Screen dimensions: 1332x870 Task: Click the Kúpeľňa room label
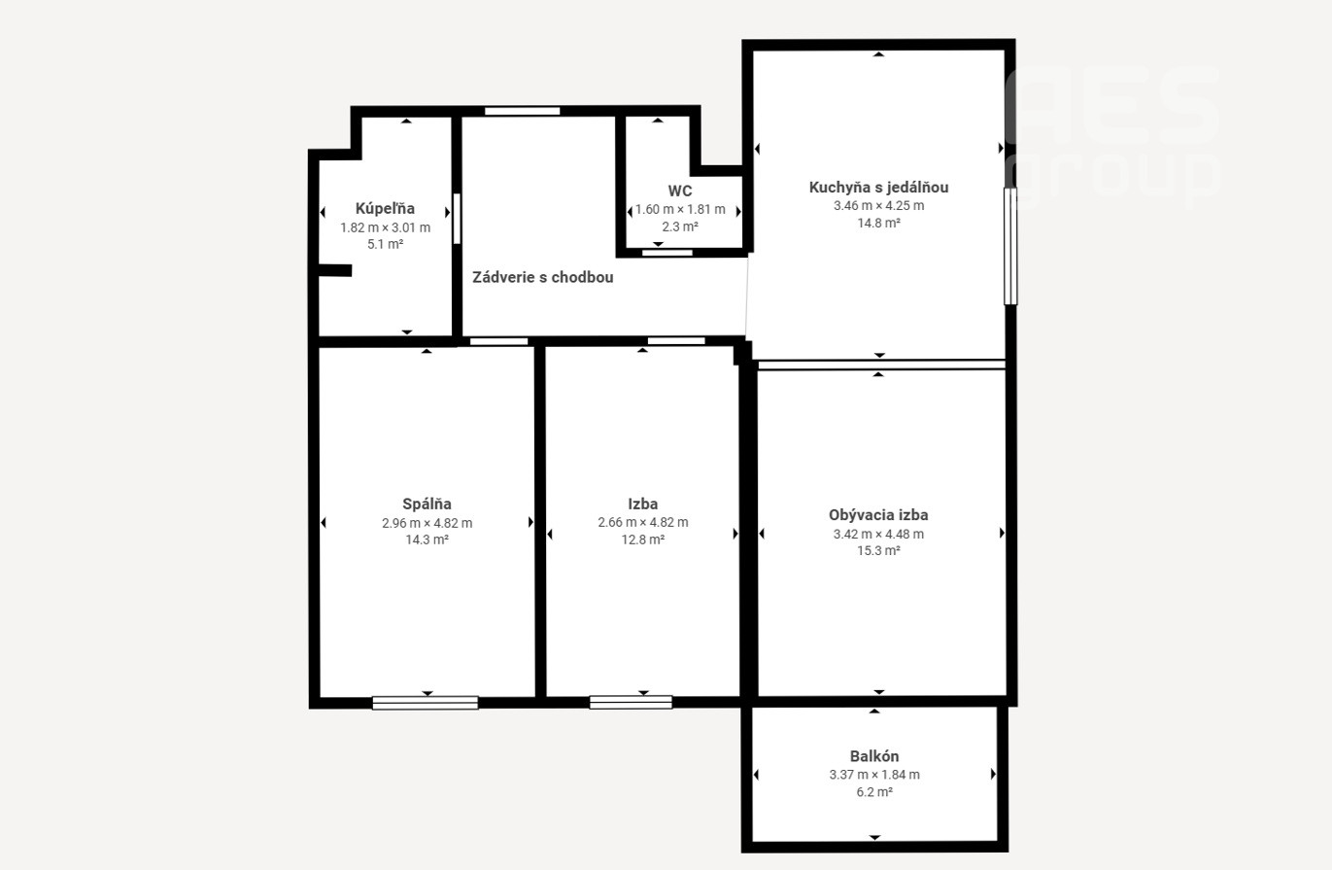(x=385, y=208)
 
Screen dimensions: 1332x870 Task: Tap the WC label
(x=680, y=191)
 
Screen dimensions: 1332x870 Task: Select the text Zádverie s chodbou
(x=543, y=277)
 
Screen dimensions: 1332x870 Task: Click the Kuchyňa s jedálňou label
(x=878, y=188)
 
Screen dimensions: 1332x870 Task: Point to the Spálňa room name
(x=427, y=505)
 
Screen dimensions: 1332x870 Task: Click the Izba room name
(x=643, y=505)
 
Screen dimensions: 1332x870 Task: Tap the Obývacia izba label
(x=878, y=515)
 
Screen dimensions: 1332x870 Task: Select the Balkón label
(x=874, y=756)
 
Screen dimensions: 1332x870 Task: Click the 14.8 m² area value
(x=878, y=224)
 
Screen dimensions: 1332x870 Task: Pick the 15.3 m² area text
(x=878, y=551)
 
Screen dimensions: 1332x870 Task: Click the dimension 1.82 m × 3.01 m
(x=385, y=227)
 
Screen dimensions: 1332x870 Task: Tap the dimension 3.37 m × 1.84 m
(x=874, y=775)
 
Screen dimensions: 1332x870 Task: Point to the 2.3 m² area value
(x=680, y=226)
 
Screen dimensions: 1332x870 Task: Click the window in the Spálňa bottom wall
(x=426, y=703)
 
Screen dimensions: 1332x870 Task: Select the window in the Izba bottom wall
(x=631, y=703)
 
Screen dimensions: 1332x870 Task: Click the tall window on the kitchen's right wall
(x=1010, y=246)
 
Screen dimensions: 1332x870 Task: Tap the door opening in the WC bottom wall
(x=667, y=253)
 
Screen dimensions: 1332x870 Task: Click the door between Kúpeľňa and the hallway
(x=457, y=219)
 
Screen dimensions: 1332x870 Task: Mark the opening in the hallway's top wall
(x=522, y=111)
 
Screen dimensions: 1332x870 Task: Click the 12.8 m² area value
(x=643, y=539)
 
